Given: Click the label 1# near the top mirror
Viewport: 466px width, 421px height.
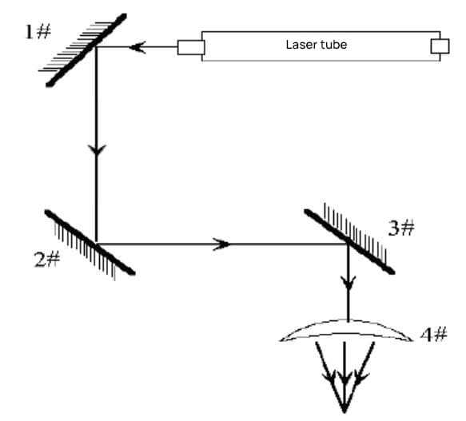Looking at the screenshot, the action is pos(38,32).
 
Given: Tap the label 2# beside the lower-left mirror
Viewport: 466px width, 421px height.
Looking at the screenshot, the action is pos(47,259).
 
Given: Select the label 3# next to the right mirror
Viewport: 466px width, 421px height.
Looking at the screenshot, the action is pos(401,228).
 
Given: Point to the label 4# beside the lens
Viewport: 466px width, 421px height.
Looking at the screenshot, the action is pos(433,334).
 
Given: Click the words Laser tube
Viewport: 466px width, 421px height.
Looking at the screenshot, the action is pos(317,45).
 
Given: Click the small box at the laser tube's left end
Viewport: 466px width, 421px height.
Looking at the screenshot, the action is pos(191,48).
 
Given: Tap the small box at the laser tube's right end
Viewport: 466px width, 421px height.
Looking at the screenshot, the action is pos(440,46).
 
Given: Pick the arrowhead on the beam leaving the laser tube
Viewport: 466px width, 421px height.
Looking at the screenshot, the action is pos(137,47).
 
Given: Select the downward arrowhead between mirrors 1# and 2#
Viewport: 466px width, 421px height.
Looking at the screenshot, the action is pos(96,149).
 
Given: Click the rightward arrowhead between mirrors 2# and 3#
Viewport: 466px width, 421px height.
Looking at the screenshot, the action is pos(221,244).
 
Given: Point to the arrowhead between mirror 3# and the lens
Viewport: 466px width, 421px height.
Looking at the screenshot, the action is pos(349,283).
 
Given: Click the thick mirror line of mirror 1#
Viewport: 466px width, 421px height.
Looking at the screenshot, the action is pos(86,50).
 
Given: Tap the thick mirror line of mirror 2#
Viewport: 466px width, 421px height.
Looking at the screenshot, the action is pos(90,242).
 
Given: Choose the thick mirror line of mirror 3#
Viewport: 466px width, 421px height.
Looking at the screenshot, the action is pos(349,241).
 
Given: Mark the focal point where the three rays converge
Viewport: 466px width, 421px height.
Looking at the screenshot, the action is pos(345,412).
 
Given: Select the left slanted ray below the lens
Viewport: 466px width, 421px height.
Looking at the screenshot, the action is pos(330,377).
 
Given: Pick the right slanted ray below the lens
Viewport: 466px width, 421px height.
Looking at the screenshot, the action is pos(360,377).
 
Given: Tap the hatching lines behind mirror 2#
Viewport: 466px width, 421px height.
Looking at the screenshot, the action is pos(85,252).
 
